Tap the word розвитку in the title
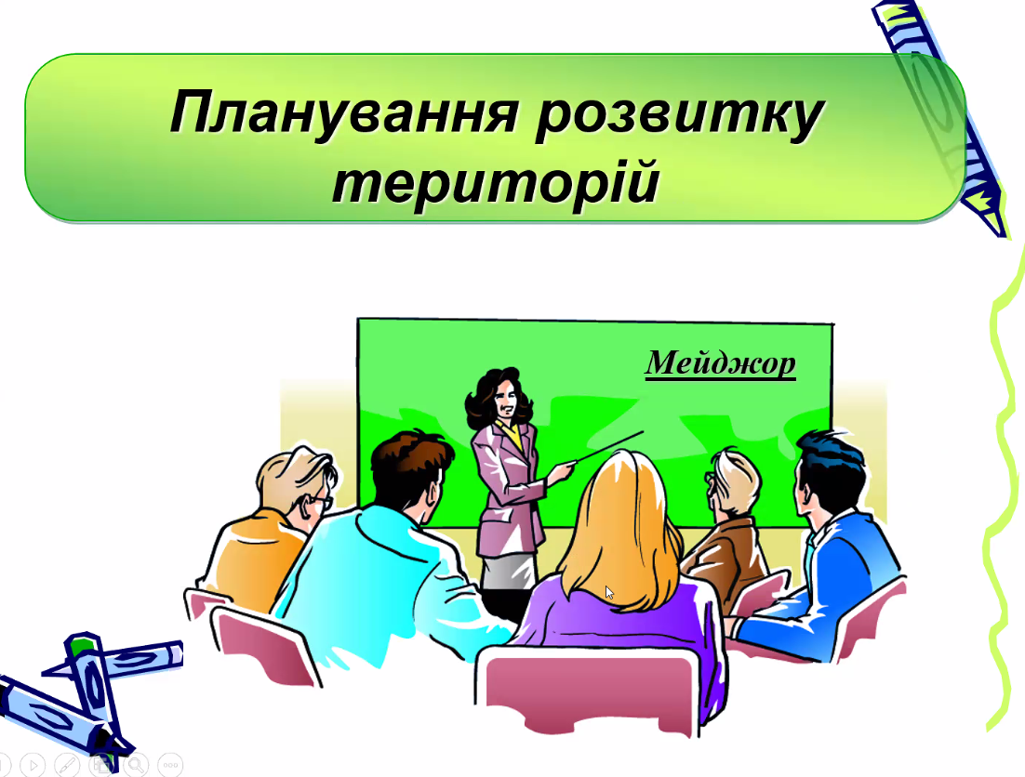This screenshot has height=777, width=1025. [x=680, y=116]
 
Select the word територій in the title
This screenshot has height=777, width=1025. [x=496, y=183]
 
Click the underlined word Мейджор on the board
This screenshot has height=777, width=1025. [x=720, y=363]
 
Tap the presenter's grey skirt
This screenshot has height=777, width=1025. [x=509, y=571]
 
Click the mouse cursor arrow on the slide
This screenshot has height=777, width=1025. [x=609, y=593]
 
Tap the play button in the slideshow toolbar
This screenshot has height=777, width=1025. [x=33, y=765]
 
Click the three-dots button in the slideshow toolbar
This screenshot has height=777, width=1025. [x=170, y=765]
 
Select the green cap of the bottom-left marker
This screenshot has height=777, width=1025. [x=83, y=646]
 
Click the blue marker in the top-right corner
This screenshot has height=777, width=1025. [x=941, y=117]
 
